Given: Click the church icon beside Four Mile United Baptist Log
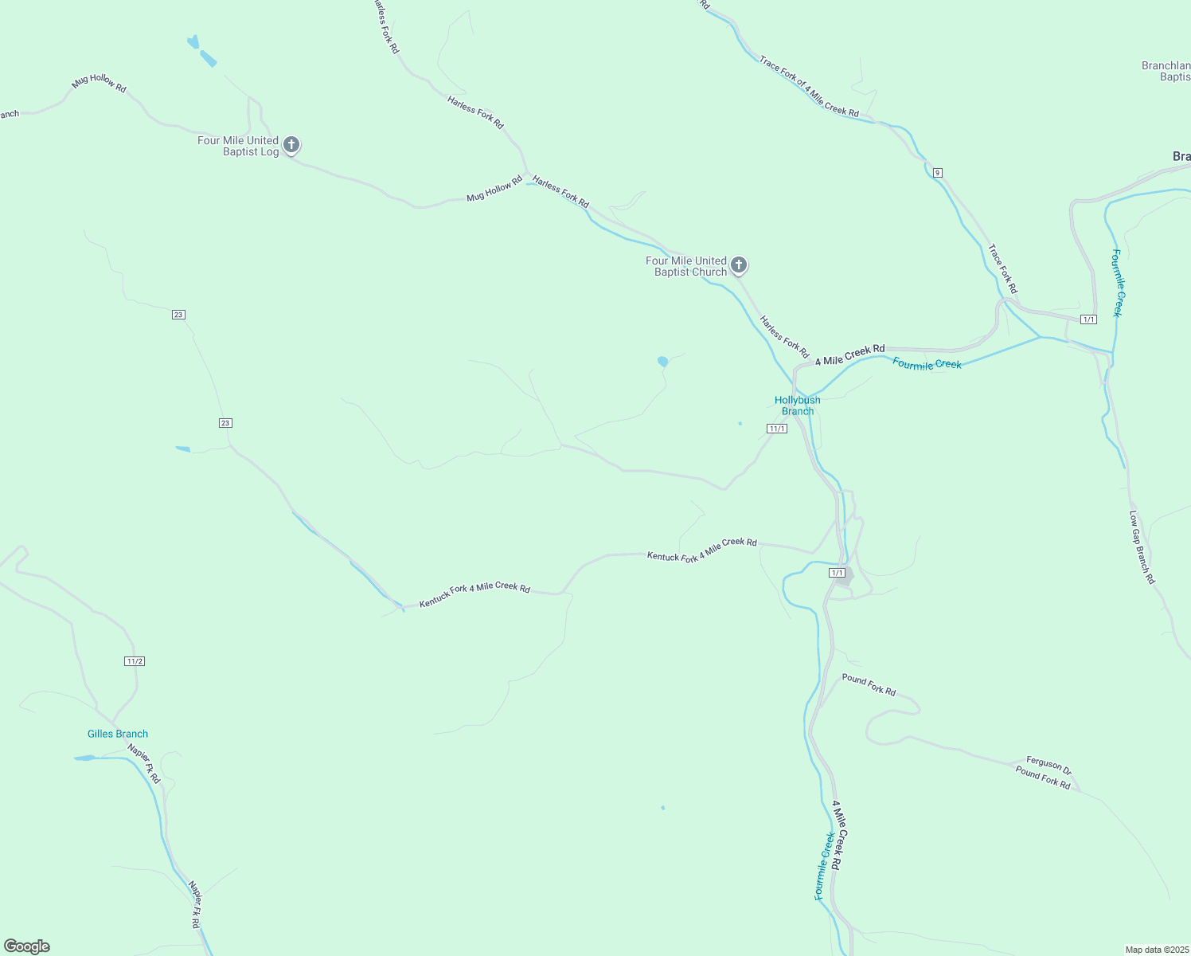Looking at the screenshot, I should click(291, 145).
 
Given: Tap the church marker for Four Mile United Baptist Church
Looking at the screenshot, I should click(739, 264).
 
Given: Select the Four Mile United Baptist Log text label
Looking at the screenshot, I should click(238, 146).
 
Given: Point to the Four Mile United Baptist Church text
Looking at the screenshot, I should click(686, 266).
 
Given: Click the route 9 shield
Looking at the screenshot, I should click(938, 173).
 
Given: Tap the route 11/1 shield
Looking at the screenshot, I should click(777, 429).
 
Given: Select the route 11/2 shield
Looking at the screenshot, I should click(135, 661).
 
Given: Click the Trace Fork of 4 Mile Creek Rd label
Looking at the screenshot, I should click(809, 87).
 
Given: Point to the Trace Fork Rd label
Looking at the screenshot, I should click(1002, 268).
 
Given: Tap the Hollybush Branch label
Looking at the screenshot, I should click(797, 406).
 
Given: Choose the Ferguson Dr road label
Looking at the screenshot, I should click(1048, 765).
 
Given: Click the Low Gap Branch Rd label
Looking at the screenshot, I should click(1142, 547).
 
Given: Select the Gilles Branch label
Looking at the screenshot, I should click(118, 734).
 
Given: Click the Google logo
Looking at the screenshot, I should click(27, 946).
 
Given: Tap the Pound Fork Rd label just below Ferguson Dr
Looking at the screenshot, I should click(1043, 777).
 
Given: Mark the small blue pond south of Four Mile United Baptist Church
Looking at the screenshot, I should click(662, 362).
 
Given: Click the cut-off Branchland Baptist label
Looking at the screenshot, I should click(1166, 71).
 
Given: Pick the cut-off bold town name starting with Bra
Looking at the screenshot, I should click(1181, 156).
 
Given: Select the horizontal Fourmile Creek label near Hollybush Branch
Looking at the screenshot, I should click(927, 364).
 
